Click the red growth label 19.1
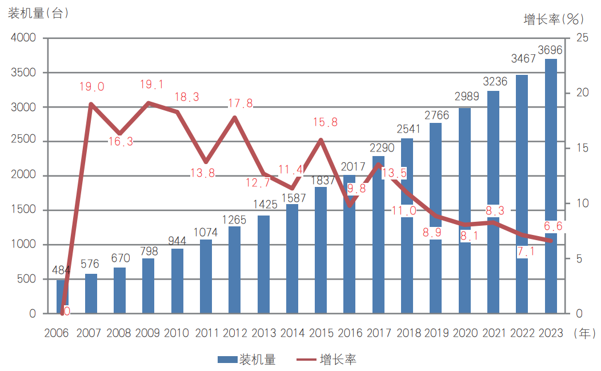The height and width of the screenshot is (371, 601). [x=151, y=85]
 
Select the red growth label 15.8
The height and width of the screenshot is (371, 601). [x=326, y=122]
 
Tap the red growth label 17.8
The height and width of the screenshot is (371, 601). [x=241, y=103]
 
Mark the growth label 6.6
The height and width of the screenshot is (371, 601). [x=553, y=226]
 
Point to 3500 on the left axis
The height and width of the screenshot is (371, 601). [x=23, y=73]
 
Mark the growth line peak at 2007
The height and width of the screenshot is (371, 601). [x=91, y=104]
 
